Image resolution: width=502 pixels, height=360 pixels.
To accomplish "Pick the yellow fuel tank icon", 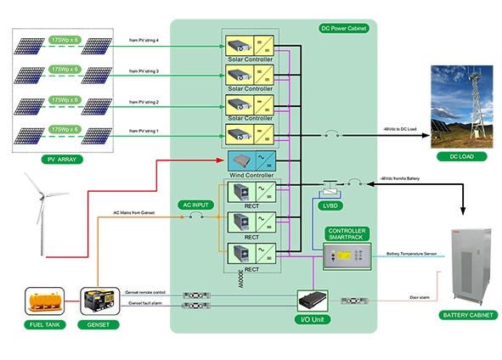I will click(x=41, y=301).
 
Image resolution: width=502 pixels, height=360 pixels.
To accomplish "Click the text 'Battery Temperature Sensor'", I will click(x=412, y=254).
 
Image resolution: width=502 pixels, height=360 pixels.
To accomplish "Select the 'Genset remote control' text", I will click(x=146, y=291).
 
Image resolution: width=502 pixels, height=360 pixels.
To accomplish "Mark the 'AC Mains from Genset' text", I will click(x=134, y=212).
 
